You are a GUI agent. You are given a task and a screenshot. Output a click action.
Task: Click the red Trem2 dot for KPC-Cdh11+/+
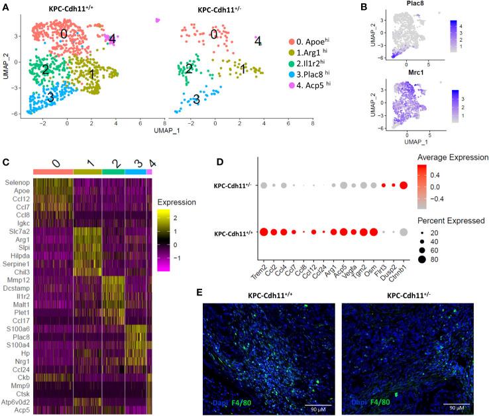(x=264, y=232)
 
